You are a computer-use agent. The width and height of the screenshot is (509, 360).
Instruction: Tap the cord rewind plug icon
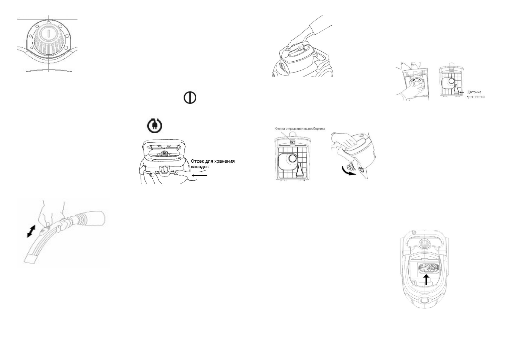click(x=154, y=126)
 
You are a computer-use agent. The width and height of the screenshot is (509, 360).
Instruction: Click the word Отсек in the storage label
click(x=197, y=161)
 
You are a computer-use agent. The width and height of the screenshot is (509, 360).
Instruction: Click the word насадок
click(x=200, y=167)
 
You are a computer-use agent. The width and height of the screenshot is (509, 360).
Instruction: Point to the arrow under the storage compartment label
click(x=199, y=175)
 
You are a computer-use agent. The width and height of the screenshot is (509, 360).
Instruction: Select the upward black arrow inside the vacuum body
click(x=426, y=279)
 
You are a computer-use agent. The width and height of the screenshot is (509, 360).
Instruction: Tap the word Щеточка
click(x=474, y=92)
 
